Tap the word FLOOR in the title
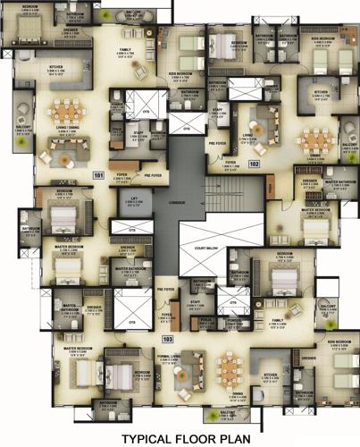tap(204, 438)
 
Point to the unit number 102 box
tap(255, 164)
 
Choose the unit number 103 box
tap(167, 340)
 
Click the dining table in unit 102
tap(315, 139)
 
